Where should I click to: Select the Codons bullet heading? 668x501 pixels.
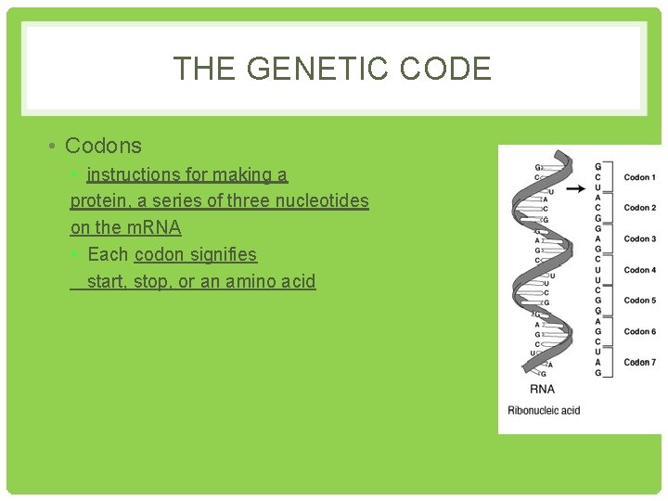coord(103,146)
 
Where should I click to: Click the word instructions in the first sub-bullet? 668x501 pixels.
coord(140,174)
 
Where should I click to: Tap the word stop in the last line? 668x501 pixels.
coord(151,281)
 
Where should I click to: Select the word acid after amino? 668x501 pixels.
coord(294,281)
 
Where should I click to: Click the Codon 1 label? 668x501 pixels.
coord(639,177)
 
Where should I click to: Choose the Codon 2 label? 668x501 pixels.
coord(639,208)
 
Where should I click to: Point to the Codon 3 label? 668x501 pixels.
coord(639,239)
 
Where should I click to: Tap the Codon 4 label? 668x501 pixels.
coord(639,270)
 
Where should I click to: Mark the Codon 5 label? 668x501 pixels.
coord(639,301)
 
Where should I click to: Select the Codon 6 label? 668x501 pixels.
coord(639,331)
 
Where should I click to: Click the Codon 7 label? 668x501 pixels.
coord(639,362)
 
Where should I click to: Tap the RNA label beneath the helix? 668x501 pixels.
coord(542,390)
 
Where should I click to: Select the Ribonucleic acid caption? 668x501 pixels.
coord(544,410)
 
